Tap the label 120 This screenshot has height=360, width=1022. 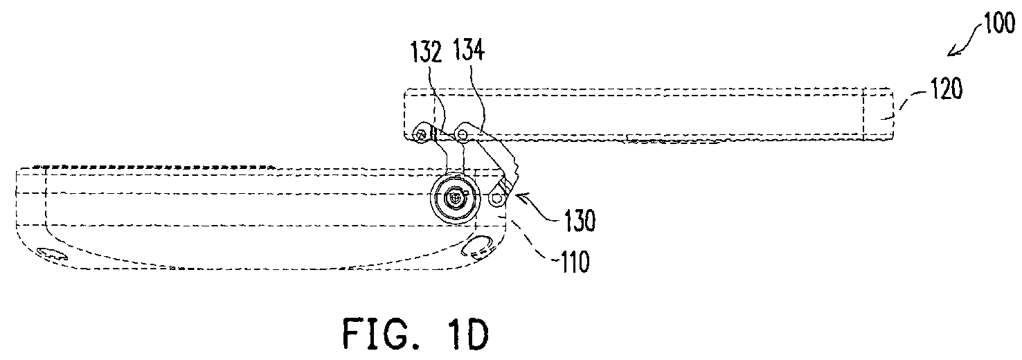click(x=947, y=89)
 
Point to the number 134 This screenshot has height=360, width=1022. click(x=469, y=50)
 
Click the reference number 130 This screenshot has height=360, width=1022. click(x=580, y=221)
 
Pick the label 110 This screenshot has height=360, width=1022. click(x=575, y=261)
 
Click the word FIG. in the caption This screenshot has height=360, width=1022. click(x=382, y=334)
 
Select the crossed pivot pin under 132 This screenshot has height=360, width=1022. click(x=420, y=134)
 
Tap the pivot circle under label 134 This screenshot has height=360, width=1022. click(x=463, y=134)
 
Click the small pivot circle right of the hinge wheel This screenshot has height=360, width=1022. click(x=495, y=199)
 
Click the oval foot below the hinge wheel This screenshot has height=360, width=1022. click(x=477, y=249)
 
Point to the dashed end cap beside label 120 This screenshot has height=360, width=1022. click(x=878, y=114)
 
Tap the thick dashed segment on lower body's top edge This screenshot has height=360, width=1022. click(x=155, y=168)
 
